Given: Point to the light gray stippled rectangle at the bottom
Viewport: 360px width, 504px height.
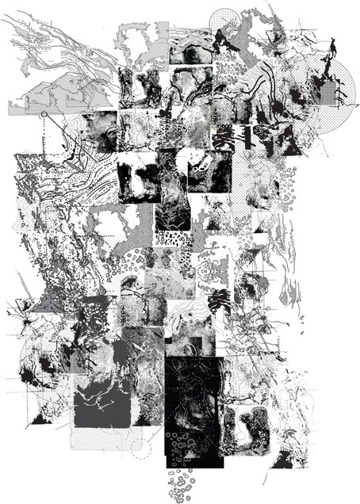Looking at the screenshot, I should (x=100, y=440).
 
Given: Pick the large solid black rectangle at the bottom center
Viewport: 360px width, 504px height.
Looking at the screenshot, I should (x=193, y=412).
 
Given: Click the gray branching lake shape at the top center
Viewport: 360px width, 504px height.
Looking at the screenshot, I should (x=139, y=40).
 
